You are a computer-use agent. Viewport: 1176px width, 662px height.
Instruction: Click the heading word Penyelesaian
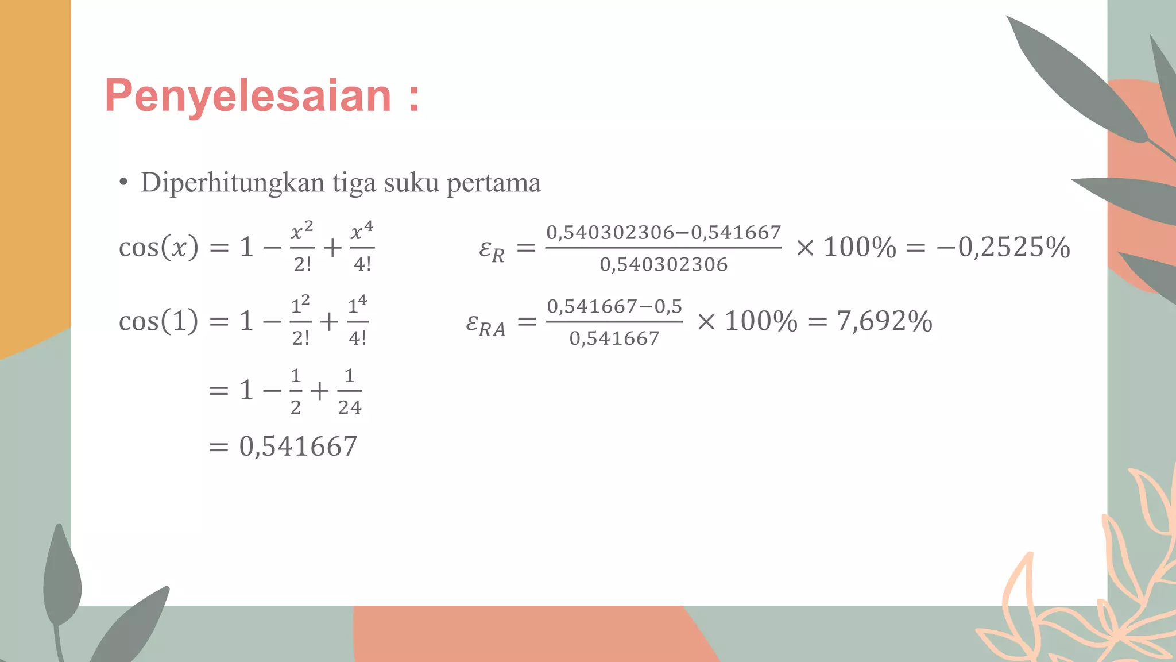click(248, 96)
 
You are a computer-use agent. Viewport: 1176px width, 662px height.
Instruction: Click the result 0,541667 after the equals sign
click(298, 447)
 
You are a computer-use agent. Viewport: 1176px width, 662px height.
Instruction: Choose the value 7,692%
click(884, 321)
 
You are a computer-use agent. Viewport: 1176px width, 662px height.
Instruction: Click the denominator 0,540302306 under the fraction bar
click(663, 265)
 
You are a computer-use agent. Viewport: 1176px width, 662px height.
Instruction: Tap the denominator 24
click(350, 407)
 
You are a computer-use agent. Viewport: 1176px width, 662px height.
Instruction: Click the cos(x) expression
click(158, 247)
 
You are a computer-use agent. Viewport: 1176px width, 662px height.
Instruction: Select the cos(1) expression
click(158, 321)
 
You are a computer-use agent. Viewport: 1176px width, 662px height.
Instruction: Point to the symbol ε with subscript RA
click(486, 325)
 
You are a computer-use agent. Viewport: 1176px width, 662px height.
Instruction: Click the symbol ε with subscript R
click(492, 251)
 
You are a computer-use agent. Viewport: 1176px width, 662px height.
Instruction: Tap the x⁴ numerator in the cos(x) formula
click(362, 230)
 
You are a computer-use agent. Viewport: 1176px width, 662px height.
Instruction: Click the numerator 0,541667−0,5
click(614, 306)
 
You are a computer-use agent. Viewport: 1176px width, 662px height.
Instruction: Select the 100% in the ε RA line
click(761, 321)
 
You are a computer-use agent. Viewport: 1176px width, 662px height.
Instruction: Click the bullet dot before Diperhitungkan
click(123, 183)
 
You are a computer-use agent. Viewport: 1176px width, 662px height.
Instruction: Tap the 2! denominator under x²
click(303, 264)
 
